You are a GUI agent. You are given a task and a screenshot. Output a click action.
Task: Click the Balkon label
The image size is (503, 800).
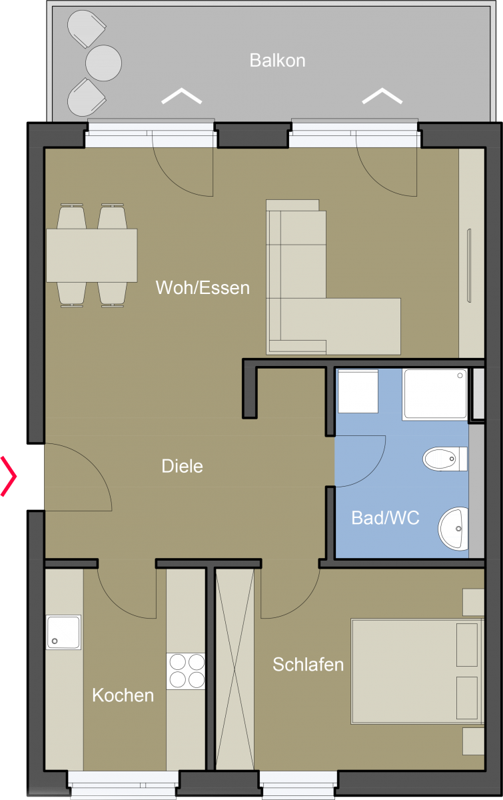click(277, 61)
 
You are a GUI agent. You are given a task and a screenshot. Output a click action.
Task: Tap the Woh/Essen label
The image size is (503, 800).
click(203, 287)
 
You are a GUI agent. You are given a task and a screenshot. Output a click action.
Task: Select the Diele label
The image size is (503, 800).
click(182, 466)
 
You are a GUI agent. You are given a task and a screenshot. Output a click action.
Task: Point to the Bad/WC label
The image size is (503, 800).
click(385, 518)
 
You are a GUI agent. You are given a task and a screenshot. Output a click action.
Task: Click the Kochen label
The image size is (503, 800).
click(123, 695)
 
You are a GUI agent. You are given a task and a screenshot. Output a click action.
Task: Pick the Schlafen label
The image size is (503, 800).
click(308, 665)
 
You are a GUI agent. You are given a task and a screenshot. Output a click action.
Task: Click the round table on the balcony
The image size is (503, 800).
click(103, 63)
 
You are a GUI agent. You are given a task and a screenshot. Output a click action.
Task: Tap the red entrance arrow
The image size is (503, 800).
click(9, 476)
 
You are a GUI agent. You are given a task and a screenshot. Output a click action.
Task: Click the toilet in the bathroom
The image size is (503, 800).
click(445, 459)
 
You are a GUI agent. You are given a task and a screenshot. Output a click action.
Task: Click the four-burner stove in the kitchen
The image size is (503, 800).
click(186, 671)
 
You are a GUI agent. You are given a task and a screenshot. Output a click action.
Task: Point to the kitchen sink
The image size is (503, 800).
click(63, 632)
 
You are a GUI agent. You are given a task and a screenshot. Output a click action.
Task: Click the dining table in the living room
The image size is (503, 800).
click(92, 255)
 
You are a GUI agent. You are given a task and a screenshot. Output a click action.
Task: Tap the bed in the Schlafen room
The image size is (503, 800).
click(417, 672)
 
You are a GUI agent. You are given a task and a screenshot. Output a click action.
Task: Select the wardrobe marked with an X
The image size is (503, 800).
click(235, 669)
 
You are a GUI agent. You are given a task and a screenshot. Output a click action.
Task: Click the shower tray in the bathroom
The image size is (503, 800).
click(435, 394)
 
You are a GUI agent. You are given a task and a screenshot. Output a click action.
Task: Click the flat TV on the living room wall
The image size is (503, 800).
click(469, 266)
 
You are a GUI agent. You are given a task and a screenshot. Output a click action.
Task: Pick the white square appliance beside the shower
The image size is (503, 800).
click(358, 391)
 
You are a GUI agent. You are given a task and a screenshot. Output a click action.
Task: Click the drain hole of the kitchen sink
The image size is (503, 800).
click(55, 641)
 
